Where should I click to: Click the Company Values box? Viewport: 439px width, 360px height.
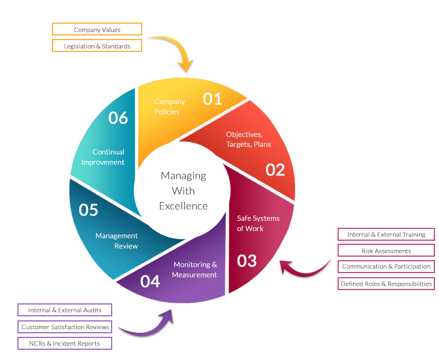tap(97, 30)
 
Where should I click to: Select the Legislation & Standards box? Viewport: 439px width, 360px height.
tap(97, 46)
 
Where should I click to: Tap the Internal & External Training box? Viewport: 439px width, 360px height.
tap(386, 235)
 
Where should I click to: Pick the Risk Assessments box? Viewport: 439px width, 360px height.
tap(386, 251)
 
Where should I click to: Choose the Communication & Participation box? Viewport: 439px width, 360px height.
tap(386, 267)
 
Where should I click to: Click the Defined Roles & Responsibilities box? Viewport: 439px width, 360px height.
tap(386, 284)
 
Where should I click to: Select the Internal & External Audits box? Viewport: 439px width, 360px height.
tap(65, 310)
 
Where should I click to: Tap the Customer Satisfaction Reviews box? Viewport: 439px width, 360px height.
tap(65, 327)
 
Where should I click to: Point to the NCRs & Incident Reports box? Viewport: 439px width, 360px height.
tap(65, 343)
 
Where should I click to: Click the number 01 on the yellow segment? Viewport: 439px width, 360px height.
tap(212, 98)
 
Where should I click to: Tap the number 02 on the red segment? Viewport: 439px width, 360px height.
tap(275, 169)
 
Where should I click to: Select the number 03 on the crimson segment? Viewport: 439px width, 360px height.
tap(247, 261)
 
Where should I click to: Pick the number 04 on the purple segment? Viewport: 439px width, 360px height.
tap(150, 281)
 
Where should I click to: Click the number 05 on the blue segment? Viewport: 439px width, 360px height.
tap(89, 210)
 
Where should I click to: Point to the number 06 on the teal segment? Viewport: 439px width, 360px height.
tap(118, 118)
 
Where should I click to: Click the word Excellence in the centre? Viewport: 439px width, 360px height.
tap(183, 206)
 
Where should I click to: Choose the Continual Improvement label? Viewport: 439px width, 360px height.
tap(108, 157)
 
